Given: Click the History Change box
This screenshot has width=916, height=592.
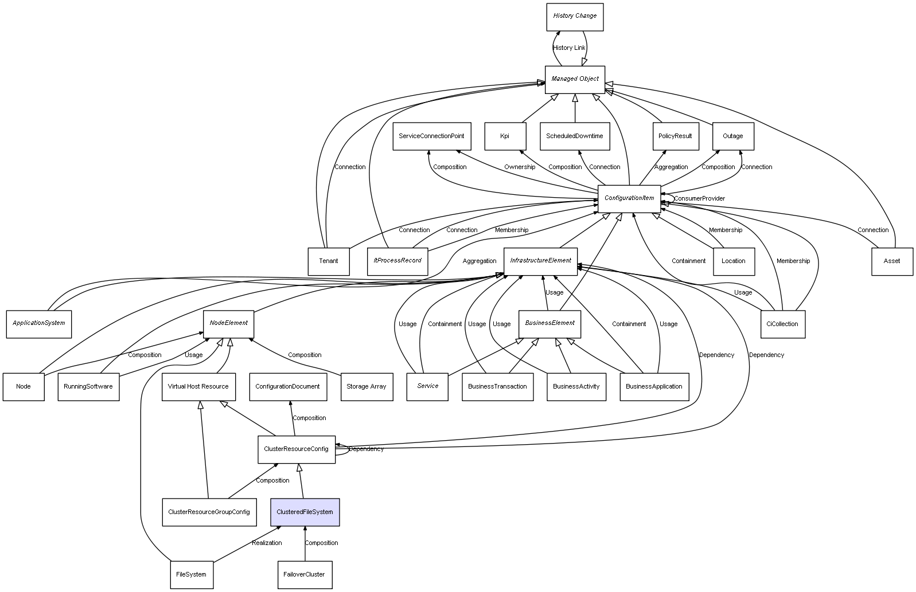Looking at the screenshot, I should pos(574,17).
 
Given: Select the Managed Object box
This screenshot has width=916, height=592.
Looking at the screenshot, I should pos(575,79).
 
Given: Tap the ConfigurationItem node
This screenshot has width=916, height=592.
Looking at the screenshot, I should pos(629,198).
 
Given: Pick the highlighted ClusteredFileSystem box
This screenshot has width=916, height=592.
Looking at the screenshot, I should pos(305,512).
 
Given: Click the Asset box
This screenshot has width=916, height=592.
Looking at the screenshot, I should pos(891,261).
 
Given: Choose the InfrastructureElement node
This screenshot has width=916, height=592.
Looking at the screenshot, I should pos(540,261).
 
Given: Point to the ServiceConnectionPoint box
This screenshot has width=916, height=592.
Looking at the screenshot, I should pos(431,136).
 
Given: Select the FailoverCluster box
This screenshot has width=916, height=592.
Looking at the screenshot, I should pos(304,574).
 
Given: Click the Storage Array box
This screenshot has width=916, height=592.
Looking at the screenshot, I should pos(366,386).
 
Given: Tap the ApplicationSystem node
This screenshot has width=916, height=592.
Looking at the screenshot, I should pos(39,323).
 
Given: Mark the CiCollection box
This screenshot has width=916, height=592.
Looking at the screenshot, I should pos(782,324).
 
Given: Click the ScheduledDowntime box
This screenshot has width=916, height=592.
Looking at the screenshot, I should pos(574,136).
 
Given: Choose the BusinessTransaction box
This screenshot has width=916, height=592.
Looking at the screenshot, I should pos(497,386).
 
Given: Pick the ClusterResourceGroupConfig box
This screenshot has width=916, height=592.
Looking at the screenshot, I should pos(209,512).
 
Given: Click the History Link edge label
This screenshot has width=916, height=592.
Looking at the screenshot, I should pos(569,48).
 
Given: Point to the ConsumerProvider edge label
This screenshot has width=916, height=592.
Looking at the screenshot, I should pos(699,199).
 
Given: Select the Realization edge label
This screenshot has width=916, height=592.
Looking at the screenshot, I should pos(267,543).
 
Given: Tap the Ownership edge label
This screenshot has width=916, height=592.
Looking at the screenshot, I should pos(520,167).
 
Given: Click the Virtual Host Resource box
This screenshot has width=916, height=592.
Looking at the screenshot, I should pos(198,386).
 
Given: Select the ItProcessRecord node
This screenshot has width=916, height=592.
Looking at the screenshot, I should pos(397,261).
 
